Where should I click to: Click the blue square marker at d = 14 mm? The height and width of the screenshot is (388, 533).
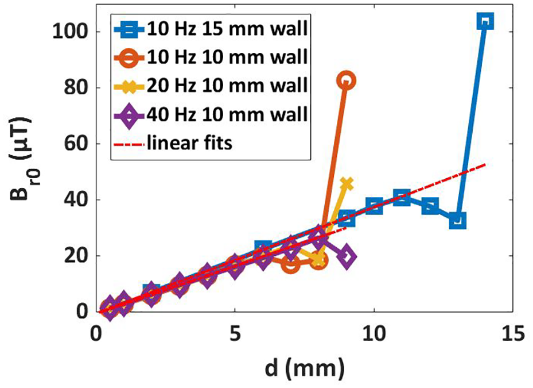pos(485,21)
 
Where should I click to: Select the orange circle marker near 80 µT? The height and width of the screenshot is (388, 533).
pos(346,80)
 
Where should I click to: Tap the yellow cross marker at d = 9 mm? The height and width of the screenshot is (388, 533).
pos(347,184)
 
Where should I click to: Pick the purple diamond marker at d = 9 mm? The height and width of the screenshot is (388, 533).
pos(347,256)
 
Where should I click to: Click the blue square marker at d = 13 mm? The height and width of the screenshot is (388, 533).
pos(457,220)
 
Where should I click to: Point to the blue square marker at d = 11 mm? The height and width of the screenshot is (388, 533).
pos(402,197)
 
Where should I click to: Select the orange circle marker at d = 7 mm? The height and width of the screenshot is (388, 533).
pos(291,264)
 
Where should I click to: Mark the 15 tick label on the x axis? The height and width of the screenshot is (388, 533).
pos(512,334)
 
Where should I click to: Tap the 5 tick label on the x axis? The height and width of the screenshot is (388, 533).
pos(235,334)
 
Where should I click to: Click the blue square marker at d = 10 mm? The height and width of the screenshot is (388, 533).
pos(374,206)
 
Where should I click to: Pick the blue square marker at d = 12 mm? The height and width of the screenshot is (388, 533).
pos(430,206)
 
